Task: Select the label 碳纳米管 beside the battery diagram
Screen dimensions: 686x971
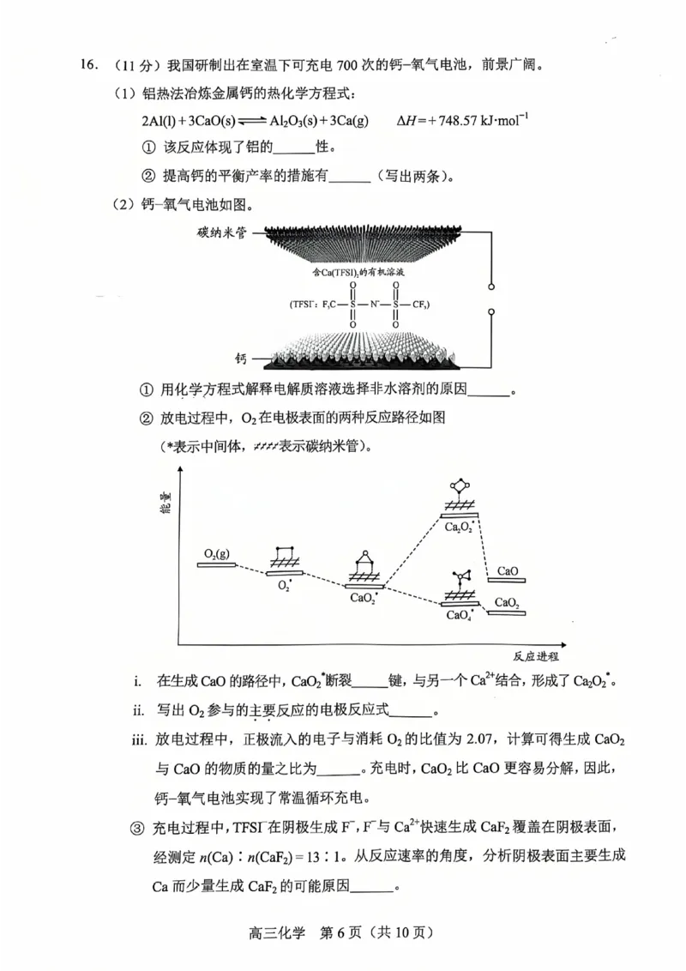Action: pyautogui.click(x=220, y=232)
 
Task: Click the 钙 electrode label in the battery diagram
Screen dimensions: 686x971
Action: pyautogui.click(x=243, y=357)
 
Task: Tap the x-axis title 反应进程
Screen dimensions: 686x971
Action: pyautogui.click(x=536, y=656)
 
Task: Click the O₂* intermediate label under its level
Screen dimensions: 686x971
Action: pyautogui.click(x=286, y=586)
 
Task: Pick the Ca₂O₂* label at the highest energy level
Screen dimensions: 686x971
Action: pyautogui.click(x=460, y=527)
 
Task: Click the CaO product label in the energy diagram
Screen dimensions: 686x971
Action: pyautogui.click(x=507, y=570)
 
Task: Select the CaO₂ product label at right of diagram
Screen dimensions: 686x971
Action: pyautogui.click(x=507, y=602)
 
